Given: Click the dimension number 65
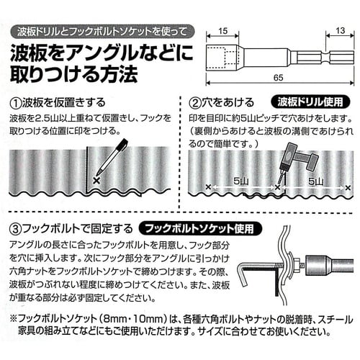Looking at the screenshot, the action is (x=279, y=78).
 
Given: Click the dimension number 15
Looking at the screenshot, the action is (x=222, y=31).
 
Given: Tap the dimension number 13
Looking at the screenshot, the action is (x=341, y=30).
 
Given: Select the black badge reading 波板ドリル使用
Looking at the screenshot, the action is (x=310, y=102).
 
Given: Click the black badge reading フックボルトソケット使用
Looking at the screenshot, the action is (x=200, y=228).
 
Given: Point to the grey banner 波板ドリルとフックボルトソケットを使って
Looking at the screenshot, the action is (x=102, y=32).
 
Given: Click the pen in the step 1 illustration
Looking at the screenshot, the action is (x=112, y=158).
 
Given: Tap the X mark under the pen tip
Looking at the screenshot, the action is (x=96, y=181).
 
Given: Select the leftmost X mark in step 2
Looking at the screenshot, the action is (x=208, y=186).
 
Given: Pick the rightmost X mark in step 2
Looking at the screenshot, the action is (x=348, y=187).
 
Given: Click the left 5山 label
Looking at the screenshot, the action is (x=240, y=181).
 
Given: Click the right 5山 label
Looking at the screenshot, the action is (x=315, y=181).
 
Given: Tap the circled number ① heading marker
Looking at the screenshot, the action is (x=15, y=103).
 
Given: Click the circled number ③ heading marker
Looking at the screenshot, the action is (x=15, y=229).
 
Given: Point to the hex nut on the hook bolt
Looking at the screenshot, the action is (x=296, y=265).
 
